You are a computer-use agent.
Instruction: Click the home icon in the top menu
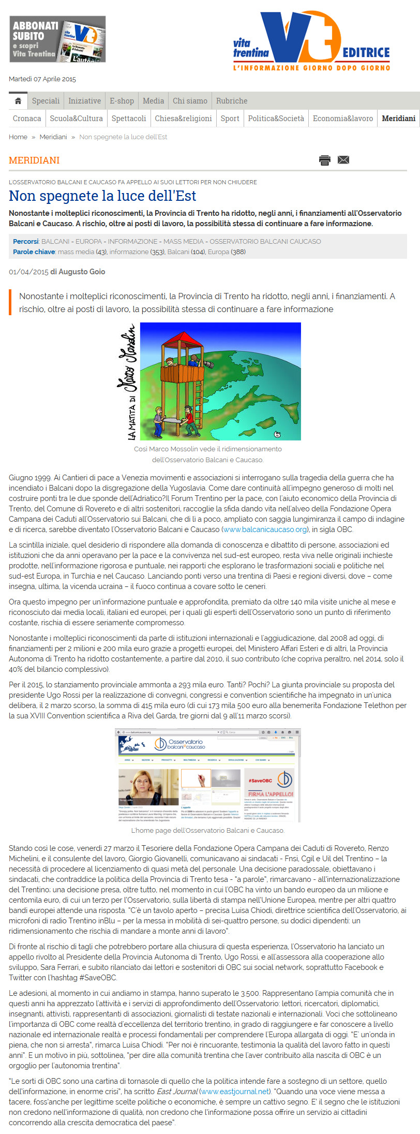pyautogui.click(x=18, y=101)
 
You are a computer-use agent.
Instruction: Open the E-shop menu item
pyautogui.click(x=122, y=101)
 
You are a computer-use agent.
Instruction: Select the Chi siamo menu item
pyautogui.click(x=190, y=101)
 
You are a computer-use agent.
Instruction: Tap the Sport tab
pyautogui.click(x=230, y=119)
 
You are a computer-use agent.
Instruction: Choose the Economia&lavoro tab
pyautogui.click(x=342, y=119)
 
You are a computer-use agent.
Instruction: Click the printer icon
pyautogui.click(x=325, y=160)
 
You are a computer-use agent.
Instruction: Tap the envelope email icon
pyautogui.click(x=343, y=159)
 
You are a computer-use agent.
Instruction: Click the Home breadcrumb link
pyautogui.click(x=18, y=137)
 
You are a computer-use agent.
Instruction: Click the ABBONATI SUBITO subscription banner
pyautogui.click(x=57, y=39)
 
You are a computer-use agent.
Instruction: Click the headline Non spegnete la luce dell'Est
pyautogui.click(x=102, y=196)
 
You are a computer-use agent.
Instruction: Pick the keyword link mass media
pyautogui.click(x=76, y=252)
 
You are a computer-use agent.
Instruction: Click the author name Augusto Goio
pyautogui.click(x=82, y=272)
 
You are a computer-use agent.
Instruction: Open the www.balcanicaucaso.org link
pyautogui.click(x=265, y=529)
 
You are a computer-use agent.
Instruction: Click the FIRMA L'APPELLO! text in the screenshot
pyautogui.click(x=271, y=794)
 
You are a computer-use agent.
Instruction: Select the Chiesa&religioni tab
pyautogui.click(x=183, y=119)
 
